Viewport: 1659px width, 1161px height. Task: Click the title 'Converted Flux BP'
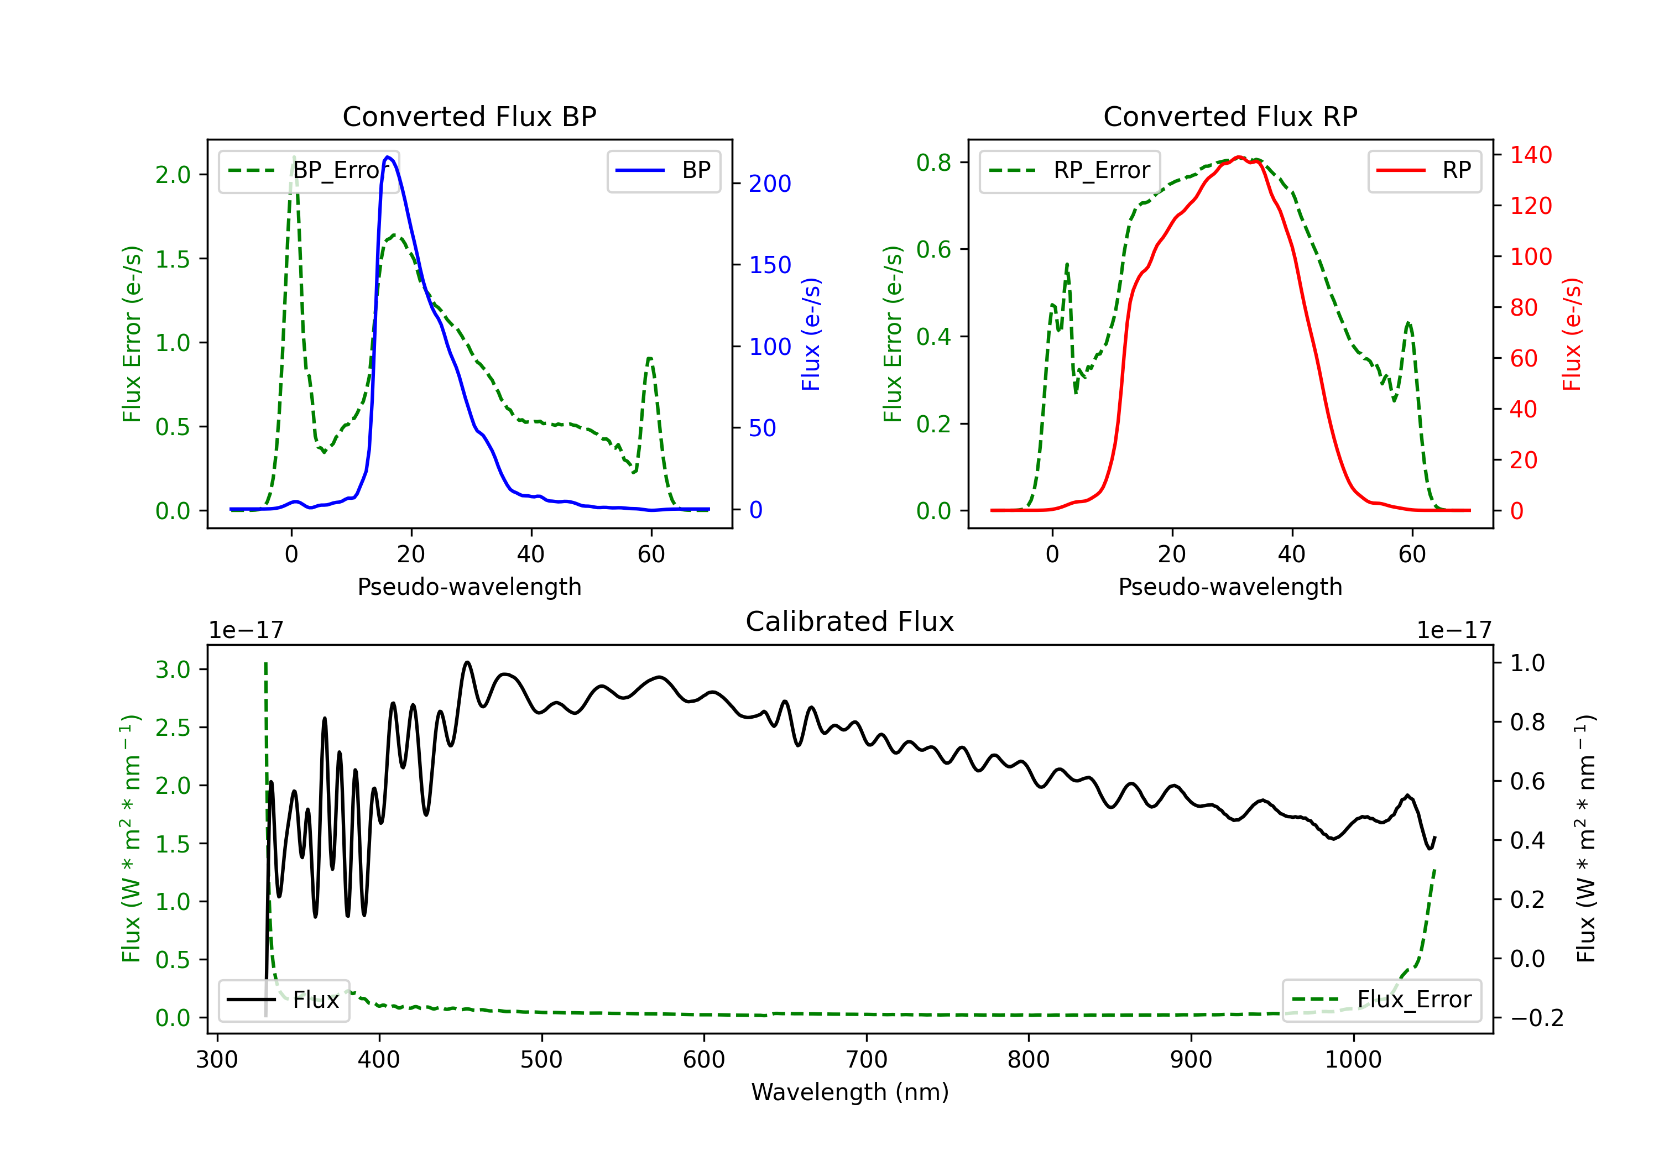point(469,116)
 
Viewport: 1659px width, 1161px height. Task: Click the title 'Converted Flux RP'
point(1230,116)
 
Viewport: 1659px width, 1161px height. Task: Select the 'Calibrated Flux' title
point(850,621)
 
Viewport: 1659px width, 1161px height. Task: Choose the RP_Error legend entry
point(1070,170)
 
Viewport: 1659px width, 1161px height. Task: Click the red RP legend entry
point(1424,170)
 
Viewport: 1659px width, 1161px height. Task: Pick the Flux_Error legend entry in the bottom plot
point(1381,1000)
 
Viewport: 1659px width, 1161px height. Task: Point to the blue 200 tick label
point(770,184)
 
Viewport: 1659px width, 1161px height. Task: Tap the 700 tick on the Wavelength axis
point(867,1060)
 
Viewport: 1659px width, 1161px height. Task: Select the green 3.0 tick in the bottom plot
point(174,670)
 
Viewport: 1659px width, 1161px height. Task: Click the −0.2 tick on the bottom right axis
point(1537,1018)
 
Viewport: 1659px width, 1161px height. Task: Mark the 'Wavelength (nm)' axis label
point(850,1092)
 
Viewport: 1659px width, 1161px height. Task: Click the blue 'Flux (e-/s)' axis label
point(811,334)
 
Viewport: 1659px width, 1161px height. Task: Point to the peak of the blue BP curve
point(388,157)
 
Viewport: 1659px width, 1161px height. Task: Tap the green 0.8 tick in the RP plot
point(934,163)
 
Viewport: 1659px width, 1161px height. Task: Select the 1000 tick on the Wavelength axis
point(1353,1060)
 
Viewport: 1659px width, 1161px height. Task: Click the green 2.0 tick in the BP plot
point(174,175)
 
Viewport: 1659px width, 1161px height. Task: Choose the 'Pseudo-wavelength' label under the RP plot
point(1230,587)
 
